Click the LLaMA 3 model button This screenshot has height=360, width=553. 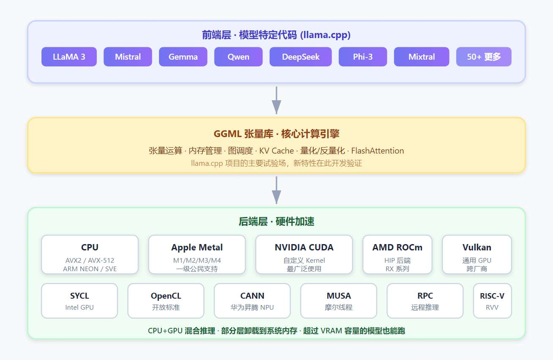point(69,57)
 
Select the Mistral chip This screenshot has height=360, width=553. point(128,57)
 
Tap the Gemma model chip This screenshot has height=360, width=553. point(183,57)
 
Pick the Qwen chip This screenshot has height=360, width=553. point(238,57)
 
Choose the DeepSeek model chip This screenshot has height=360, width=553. point(301,57)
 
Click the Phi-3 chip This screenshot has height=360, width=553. point(363,57)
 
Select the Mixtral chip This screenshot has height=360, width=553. point(422,57)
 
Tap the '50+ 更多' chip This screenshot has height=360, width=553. point(484,57)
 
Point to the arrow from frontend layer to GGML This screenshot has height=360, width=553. point(276,100)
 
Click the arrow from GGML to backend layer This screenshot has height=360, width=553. point(276,190)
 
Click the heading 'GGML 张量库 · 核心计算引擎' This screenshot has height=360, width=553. point(276,134)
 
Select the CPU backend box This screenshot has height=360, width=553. point(90,255)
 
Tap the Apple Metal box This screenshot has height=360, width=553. point(197,255)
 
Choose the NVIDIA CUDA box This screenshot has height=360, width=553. point(304,255)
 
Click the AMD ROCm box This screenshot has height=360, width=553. point(397,255)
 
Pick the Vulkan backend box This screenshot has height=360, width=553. point(477,255)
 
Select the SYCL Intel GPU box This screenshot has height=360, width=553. point(79,301)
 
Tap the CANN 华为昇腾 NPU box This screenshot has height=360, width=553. point(252,301)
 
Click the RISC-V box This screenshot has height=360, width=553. point(492,301)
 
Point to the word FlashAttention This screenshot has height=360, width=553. point(378,151)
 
